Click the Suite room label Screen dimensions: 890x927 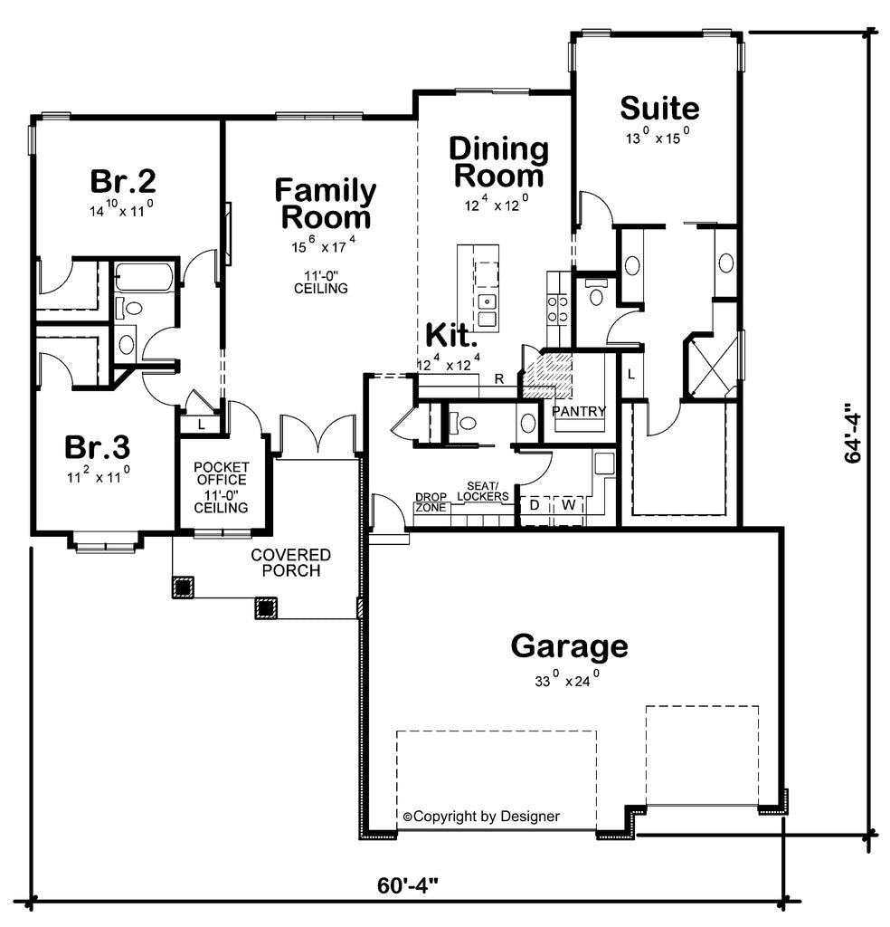659,109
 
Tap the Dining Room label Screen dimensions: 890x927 499,163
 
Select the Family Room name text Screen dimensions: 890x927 326,204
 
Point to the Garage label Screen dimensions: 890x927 569,646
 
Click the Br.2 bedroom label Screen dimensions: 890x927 123,181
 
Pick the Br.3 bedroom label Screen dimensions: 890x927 98,447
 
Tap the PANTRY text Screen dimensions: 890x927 579,411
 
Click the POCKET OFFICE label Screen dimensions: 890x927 222,473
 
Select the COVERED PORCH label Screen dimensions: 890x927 290,563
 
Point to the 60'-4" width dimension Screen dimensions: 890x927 408,885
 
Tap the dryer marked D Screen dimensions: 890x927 535,505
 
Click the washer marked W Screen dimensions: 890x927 569,505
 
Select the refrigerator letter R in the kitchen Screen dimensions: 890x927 499,379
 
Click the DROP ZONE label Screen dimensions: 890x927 431,502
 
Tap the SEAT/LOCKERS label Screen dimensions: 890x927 483,492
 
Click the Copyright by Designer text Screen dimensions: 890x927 481,817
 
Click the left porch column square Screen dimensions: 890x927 183,587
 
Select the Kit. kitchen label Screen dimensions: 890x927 451,336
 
